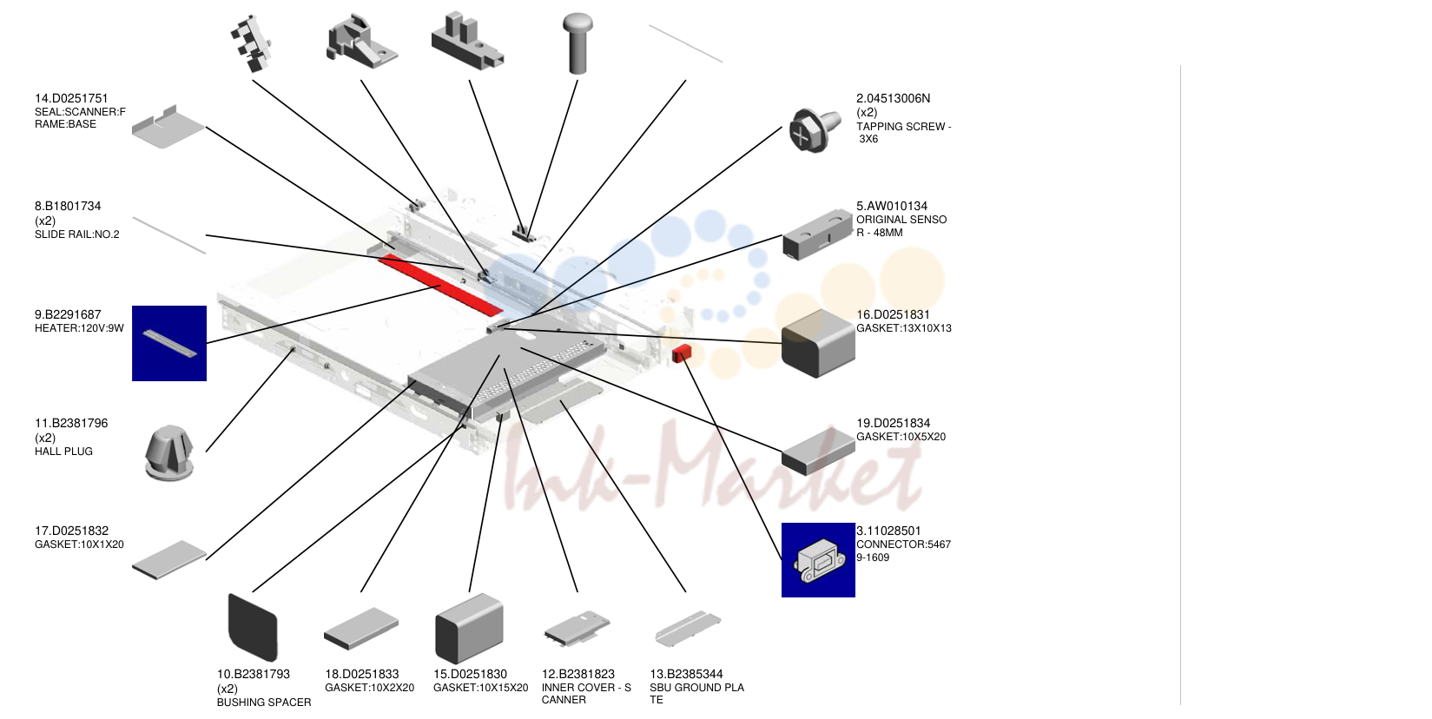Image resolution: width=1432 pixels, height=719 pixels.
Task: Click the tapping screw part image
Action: [x=814, y=130]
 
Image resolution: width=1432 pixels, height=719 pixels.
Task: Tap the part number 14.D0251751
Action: [x=71, y=98]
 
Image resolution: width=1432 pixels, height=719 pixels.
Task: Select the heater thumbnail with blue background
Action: [x=169, y=343]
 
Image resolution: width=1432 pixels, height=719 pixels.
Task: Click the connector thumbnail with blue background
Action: [x=818, y=560]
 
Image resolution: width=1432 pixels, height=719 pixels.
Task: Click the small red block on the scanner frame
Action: [x=682, y=353]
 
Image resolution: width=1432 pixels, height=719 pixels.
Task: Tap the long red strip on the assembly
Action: [x=440, y=285]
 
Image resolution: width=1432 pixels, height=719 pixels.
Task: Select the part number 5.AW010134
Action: [x=892, y=206]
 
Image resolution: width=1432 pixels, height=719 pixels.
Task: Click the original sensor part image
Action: [x=818, y=234]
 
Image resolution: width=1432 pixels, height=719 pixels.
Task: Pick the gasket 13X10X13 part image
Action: [x=818, y=343]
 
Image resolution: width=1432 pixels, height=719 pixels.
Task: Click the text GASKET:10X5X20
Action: [x=901, y=437]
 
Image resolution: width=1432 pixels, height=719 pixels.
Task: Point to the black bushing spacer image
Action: [x=253, y=627]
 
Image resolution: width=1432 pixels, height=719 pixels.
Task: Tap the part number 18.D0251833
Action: [x=362, y=674]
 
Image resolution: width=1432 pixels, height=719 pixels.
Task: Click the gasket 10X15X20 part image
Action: [x=469, y=628]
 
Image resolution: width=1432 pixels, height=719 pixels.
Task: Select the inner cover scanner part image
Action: [x=577, y=628]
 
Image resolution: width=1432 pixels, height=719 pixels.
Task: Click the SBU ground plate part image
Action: [x=688, y=628]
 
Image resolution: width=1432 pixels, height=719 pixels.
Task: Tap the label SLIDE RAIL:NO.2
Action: [x=76, y=234]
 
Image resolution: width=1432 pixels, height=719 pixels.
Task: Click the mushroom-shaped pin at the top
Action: [x=577, y=43]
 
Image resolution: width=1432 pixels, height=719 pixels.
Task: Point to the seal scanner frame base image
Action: [x=168, y=127]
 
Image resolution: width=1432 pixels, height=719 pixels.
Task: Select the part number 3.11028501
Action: [x=888, y=531]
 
